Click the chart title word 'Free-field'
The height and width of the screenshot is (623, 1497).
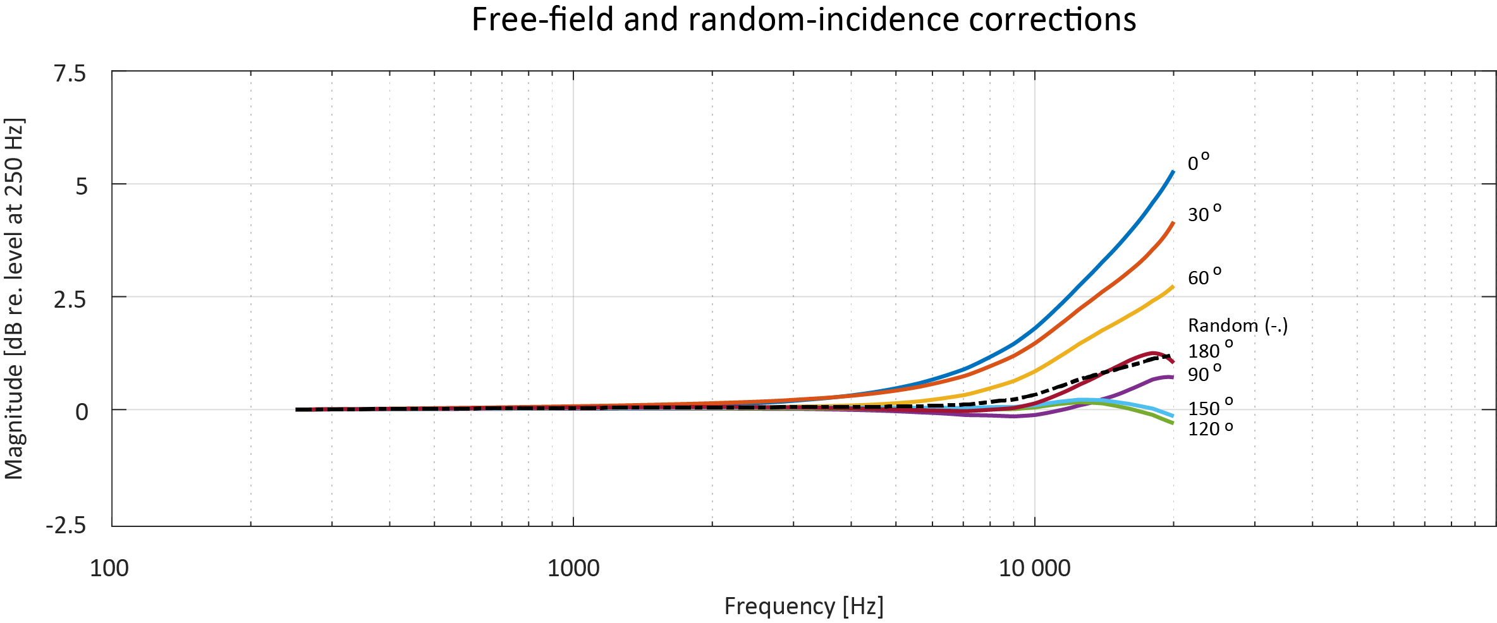[543, 20]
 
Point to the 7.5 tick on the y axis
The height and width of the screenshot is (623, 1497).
[70, 74]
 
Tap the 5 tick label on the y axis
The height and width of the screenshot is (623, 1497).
[82, 186]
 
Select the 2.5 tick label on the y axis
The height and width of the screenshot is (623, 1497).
[70, 299]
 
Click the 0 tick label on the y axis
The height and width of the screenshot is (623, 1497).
[82, 412]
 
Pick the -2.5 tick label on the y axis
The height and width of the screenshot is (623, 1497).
[66, 525]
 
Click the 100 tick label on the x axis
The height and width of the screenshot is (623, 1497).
[109, 569]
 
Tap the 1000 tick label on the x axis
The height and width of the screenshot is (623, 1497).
[573, 569]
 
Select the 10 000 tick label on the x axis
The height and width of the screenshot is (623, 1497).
[1034, 569]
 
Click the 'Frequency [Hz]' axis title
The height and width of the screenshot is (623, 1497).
[803, 606]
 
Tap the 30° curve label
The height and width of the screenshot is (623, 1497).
[1204, 214]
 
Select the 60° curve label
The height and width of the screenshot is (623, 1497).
[1204, 277]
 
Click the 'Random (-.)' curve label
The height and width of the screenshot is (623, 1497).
[1237, 325]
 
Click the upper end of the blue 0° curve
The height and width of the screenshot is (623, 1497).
[1173, 171]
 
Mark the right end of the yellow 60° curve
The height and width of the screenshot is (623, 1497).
[1173, 287]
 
